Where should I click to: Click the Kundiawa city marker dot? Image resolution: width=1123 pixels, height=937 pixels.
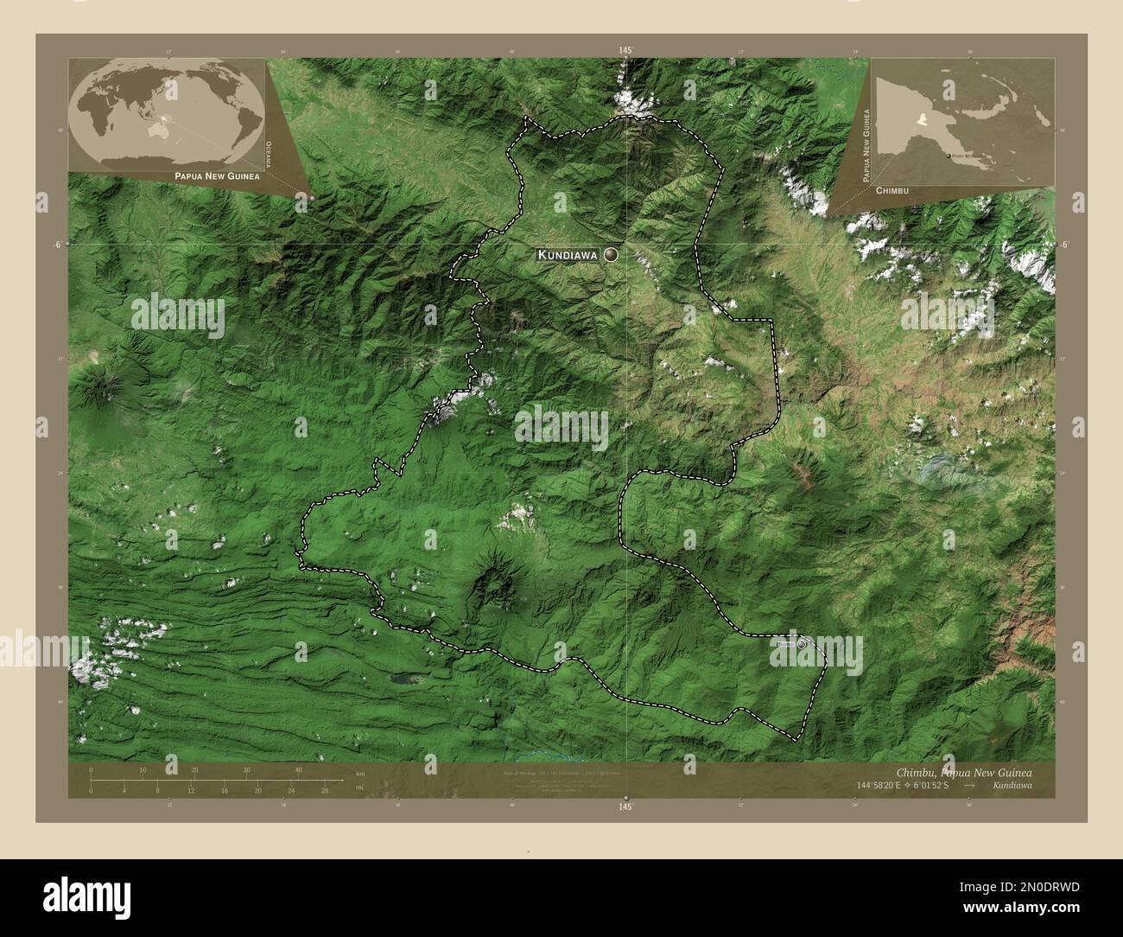pos(612,254)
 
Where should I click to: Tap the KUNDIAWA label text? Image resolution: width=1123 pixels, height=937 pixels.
pos(569,255)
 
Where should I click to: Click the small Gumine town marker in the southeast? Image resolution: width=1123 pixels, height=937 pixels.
pos(802,643)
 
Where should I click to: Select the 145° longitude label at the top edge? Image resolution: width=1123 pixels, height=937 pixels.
pos(625,52)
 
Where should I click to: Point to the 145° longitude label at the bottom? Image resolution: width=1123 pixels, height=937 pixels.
pos(625,806)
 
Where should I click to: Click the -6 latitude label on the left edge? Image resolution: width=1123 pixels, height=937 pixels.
pos(56,245)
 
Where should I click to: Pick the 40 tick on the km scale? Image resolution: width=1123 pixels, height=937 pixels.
pos(299,769)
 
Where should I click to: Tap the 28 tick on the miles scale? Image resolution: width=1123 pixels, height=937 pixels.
pos(325,790)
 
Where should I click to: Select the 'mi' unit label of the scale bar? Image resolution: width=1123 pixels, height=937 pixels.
pos(359,787)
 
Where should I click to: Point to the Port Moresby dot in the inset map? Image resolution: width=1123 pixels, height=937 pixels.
pos(949,156)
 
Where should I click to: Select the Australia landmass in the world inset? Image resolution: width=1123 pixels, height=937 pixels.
pos(161,131)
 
